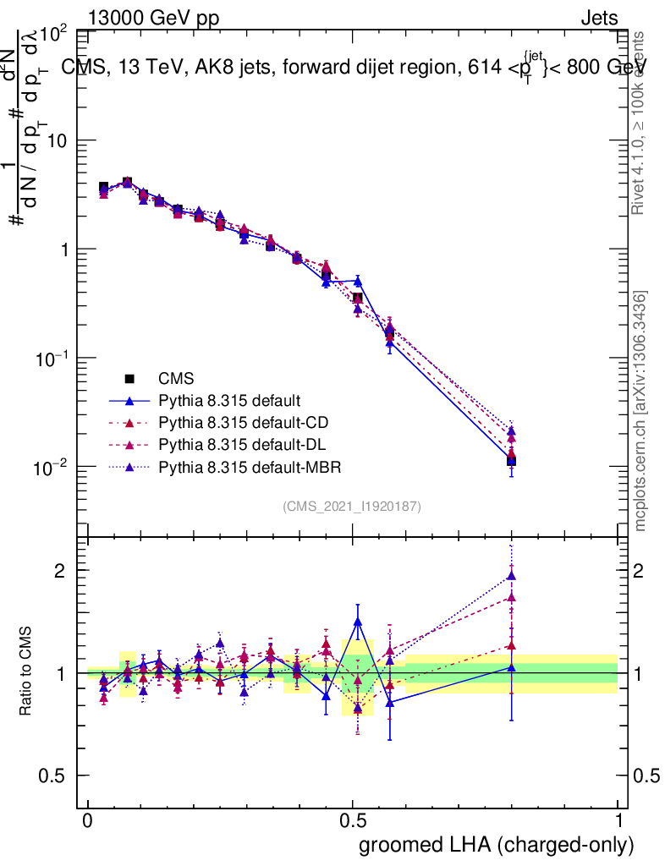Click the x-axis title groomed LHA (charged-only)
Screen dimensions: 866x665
click(x=497, y=845)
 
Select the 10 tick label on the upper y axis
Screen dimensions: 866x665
click(x=56, y=140)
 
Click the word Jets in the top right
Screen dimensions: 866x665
click(x=598, y=19)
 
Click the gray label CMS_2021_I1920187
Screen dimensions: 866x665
click(x=352, y=506)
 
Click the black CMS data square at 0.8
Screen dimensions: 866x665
click(x=511, y=461)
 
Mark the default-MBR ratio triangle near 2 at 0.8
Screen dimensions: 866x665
click(x=511, y=577)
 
